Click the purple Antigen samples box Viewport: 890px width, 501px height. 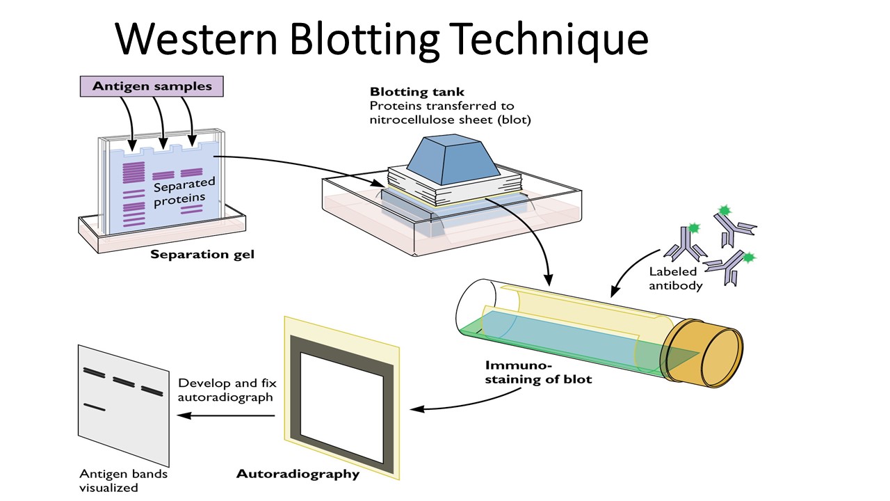[152, 86]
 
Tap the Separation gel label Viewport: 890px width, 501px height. [202, 255]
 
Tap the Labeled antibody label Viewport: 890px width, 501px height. [676, 278]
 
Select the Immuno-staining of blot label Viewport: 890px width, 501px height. [539, 372]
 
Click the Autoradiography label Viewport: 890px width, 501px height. [298, 475]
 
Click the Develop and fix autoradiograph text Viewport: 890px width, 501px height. [225, 390]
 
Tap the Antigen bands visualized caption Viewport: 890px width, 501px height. [123, 481]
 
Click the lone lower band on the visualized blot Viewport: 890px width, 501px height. [94, 407]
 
